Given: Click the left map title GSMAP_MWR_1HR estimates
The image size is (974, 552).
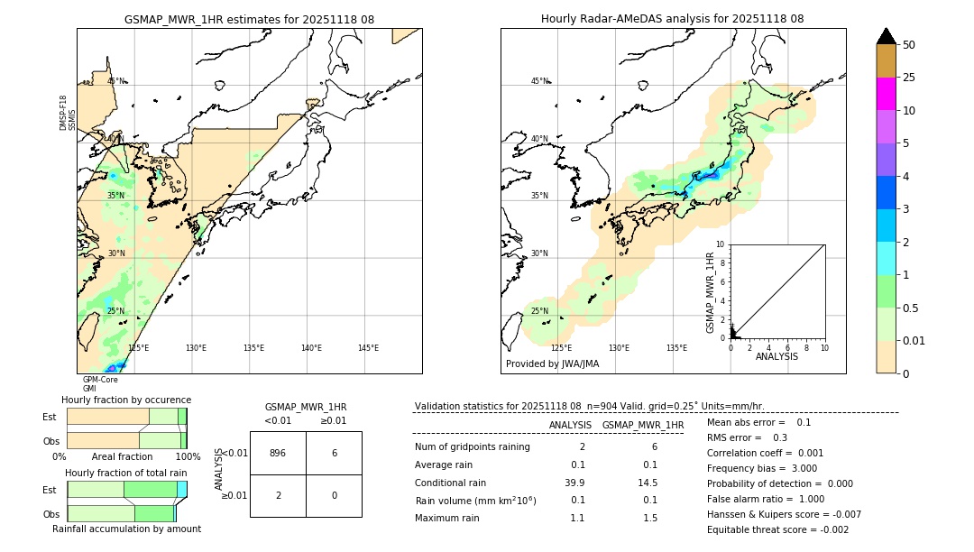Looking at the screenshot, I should click(x=249, y=19).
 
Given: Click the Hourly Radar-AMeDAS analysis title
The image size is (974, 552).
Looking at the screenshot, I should click(x=673, y=19).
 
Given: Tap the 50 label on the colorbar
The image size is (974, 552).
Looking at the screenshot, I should click(x=909, y=45).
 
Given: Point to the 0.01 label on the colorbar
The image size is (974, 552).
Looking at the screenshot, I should click(x=914, y=340).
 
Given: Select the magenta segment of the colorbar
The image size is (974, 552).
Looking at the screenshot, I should click(x=886, y=94).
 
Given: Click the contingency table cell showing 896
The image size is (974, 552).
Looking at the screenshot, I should click(x=278, y=453).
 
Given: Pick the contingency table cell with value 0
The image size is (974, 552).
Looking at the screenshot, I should click(x=334, y=495).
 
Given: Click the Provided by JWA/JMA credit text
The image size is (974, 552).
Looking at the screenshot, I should click(x=552, y=364).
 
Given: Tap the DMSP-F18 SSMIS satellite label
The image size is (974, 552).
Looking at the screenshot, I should click(x=68, y=114).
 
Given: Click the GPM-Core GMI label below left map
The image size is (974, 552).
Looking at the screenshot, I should click(x=99, y=384).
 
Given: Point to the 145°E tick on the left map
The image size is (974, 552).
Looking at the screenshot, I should click(x=368, y=348).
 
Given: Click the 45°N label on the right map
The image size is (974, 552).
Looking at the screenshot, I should click(x=539, y=81).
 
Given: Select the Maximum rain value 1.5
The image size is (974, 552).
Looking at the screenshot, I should click(x=648, y=518).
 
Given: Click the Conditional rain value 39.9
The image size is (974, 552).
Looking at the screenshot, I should click(x=574, y=483).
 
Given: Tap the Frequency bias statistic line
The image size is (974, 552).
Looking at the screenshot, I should click(x=761, y=468).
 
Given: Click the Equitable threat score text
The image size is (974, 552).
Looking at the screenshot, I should click(x=777, y=529).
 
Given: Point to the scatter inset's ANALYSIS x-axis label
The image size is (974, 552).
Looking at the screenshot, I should click(x=776, y=356).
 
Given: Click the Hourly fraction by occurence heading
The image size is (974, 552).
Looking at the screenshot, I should click(x=126, y=400).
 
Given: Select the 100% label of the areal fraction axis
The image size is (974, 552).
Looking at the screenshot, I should click(x=188, y=457).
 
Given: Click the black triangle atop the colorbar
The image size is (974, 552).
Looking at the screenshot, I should click(x=886, y=36).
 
